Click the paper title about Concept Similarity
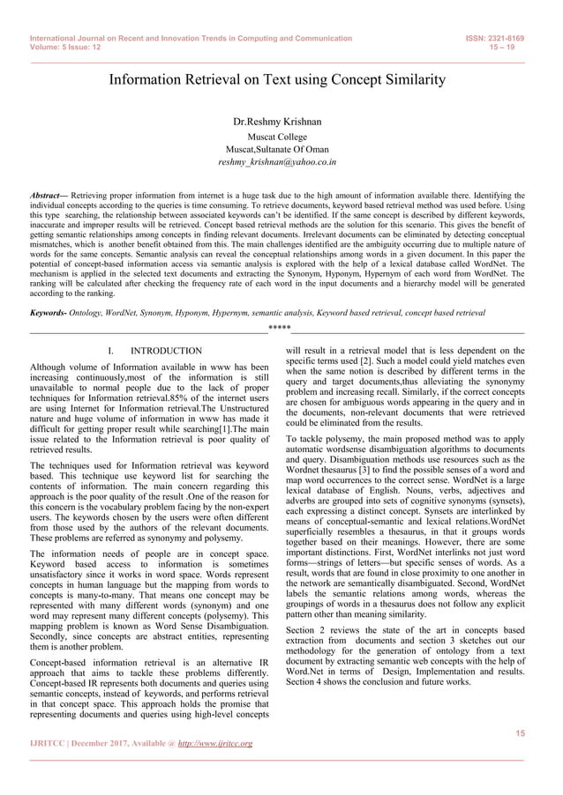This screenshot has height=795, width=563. (x=277, y=80)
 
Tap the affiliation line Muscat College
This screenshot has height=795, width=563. (x=277, y=137)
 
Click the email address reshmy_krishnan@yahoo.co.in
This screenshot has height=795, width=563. (x=277, y=162)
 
